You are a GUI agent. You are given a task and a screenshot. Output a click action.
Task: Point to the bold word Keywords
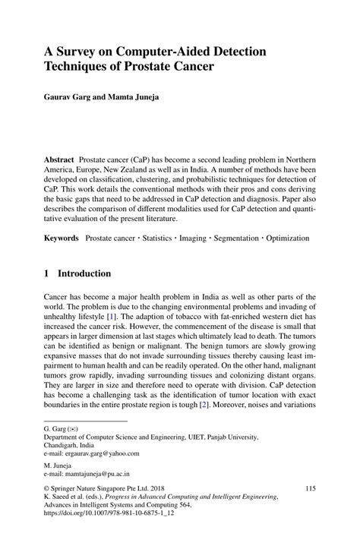coord(62,238)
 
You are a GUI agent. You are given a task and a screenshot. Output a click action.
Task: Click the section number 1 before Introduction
coord(46,273)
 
